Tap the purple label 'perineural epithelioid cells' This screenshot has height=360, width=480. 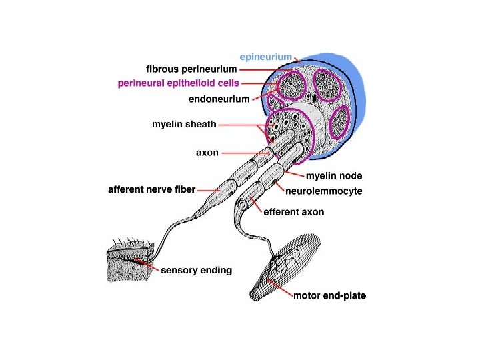coord(178,83)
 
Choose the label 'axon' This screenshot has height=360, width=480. coord(207,152)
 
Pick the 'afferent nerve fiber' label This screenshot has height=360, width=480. coord(151,189)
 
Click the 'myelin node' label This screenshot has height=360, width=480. coord(334,176)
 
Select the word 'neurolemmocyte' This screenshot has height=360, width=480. coord(324,191)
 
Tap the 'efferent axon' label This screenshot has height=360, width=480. coord(294,212)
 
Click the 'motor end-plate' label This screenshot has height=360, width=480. coord(329,295)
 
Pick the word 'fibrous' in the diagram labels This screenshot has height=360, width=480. coord(160,69)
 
